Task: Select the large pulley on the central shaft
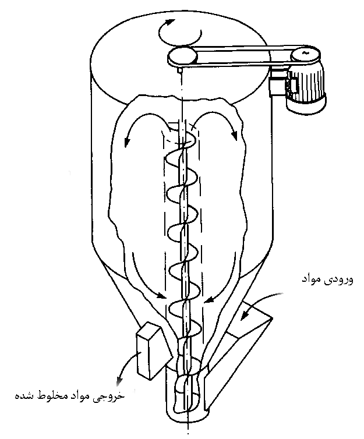coord(182,57)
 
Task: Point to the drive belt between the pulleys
coord(245,52)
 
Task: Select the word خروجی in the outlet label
coord(113,396)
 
